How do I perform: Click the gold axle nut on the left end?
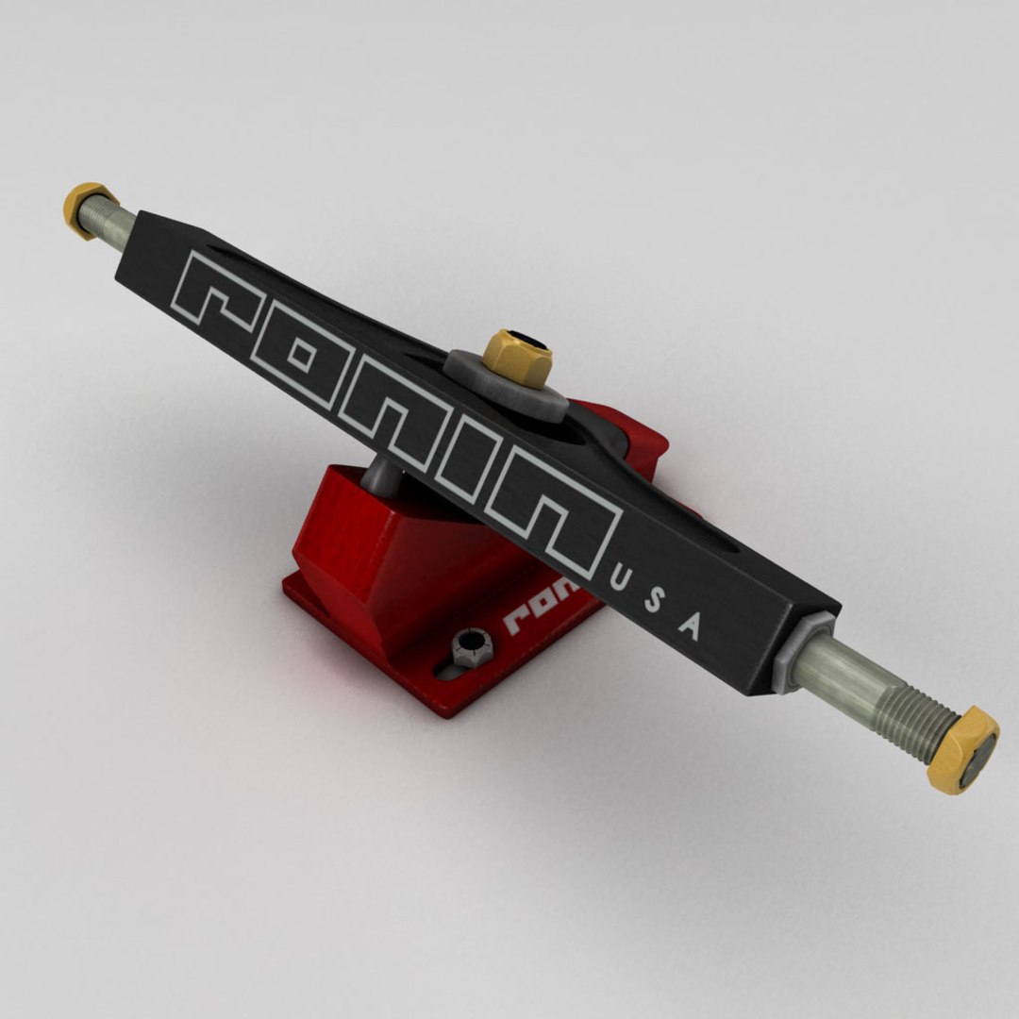[87, 207]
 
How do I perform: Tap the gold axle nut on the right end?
[962, 749]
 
